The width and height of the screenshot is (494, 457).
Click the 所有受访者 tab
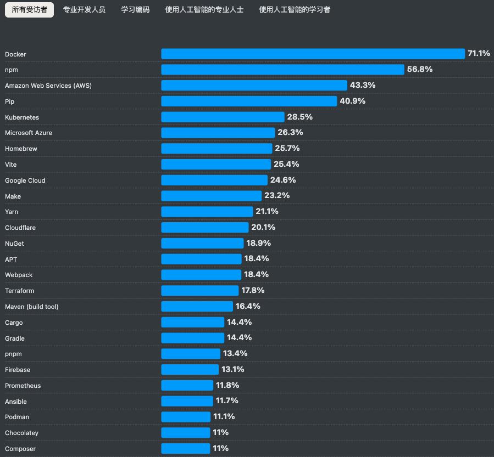click(30, 10)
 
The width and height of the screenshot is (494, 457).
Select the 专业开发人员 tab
click(84, 10)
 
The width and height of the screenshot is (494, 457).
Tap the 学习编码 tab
click(135, 10)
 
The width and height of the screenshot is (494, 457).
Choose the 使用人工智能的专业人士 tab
click(204, 10)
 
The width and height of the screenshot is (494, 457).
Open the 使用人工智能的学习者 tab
click(295, 10)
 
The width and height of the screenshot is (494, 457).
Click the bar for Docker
click(313, 54)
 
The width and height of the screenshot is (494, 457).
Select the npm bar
click(282, 70)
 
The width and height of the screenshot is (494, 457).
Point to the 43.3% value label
click(363, 85)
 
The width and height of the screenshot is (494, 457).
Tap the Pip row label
click(9, 101)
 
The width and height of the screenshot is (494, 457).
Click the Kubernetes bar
click(223, 117)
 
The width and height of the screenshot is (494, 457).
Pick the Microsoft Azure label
click(29, 133)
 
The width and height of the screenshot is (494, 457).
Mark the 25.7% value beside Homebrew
click(287, 148)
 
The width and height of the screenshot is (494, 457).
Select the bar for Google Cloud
click(214, 180)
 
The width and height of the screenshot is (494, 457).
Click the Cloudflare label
click(20, 228)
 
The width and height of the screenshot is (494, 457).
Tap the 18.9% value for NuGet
click(258, 243)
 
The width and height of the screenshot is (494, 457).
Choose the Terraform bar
click(200, 290)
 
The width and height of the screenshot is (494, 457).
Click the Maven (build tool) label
click(31, 307)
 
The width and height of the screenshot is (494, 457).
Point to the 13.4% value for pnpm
click(235, 353)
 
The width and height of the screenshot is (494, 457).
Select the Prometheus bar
click(187, 385)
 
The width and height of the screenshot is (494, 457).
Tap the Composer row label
click(20, 449)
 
